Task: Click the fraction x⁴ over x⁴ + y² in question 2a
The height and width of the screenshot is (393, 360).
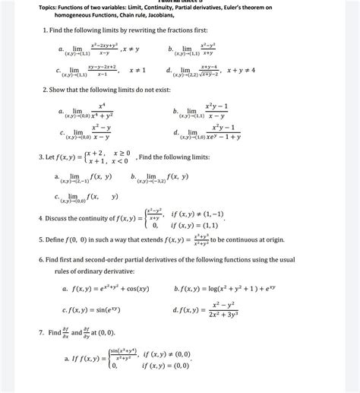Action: coord(103,112)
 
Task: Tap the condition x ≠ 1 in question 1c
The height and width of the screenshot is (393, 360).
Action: coord(137,71)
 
